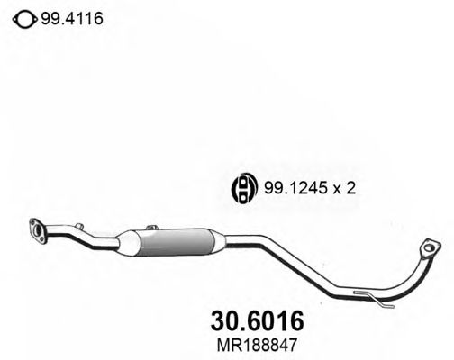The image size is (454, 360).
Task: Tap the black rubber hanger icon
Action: click(x=243, y=189)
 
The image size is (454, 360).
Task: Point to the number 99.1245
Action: click(x=292, y=189)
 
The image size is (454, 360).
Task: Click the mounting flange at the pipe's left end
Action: click(x=39, y=230)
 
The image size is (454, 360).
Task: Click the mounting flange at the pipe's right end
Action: click(x=431, y=248)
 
